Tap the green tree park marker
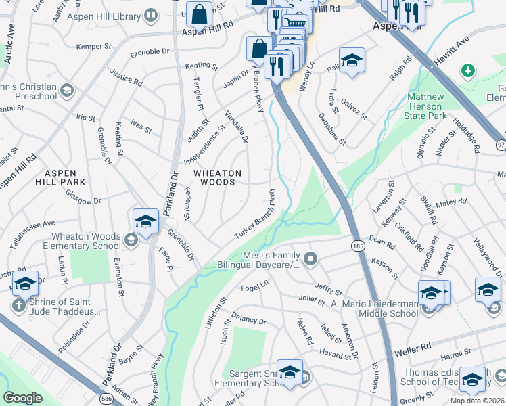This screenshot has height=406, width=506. click(467, 70)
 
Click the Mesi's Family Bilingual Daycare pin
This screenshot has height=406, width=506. click(310, 258)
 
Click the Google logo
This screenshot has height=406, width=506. click(22, 398)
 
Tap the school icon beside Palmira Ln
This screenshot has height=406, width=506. click(352, 61)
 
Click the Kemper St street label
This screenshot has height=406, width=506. click(93, 47)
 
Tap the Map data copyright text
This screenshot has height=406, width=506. click(477, 400)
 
